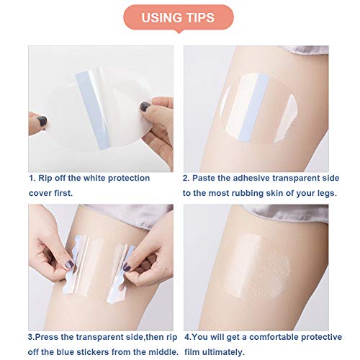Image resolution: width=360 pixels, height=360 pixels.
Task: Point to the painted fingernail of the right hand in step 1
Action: (x=145, y=107)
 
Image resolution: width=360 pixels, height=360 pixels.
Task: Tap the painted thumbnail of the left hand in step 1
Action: (x=42, y=121)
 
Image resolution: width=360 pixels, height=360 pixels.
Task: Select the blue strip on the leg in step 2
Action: (x=254, y=107)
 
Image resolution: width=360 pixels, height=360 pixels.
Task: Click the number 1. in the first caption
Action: (x=32, y=179)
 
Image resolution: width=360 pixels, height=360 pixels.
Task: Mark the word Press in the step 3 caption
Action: (x=47, y=337)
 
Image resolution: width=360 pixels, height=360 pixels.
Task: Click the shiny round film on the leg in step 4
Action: (x=257, y=266)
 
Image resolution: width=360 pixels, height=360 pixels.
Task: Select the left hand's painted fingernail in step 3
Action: (x=69, y=265)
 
